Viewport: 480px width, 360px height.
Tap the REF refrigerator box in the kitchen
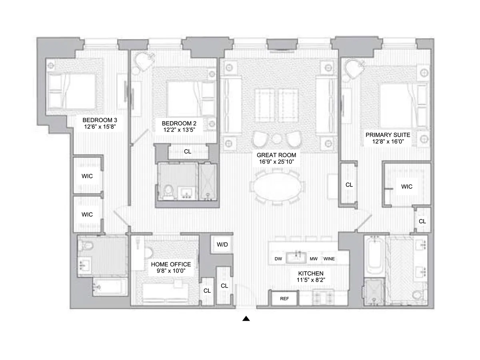pyautogui.click(x=284, y=298)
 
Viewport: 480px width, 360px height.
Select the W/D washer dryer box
pyautogui.click(x=222, y=244)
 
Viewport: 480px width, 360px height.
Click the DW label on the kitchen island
pyautogui.click(x=278, y=259)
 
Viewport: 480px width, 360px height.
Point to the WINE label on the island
pyautogui.click(x=329, y=259)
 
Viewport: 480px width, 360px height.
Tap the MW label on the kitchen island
pyautogui.click(x=314, y=259)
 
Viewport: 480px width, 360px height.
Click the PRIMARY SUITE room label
pyautogui.click(x=388, y=135)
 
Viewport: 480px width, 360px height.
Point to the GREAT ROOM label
pyautogui.click(x=276, y=155)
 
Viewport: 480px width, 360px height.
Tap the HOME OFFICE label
pyautogui.click(x=170, y=264)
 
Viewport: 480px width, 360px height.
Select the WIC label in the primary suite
pyautogui.click(x=406, y=186)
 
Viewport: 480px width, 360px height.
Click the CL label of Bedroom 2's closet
pyautogui.click(x=187, y=152)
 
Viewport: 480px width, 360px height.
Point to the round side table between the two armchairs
pyautogui.click(x=277, y=138)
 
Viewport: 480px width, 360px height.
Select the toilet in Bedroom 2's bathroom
pyautogui.click(x=168, y=191)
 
